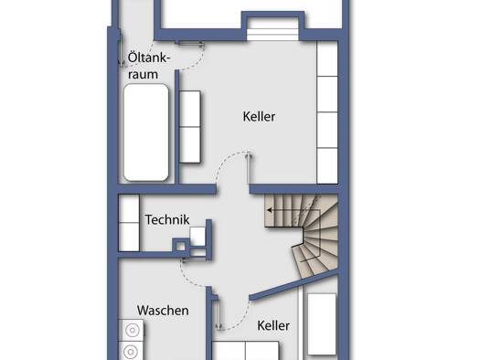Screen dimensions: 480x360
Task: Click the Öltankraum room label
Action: click(x=148, y=66)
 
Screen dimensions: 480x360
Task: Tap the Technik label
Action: click(x=167, y=219)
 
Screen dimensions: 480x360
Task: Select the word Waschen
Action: click(x=163, y=311)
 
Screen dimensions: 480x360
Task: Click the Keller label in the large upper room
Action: click(x=259, y=117)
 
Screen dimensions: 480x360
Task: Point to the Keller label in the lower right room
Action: click(x=273, y=325)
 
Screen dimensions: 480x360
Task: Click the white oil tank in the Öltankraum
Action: click(x=146, y=132)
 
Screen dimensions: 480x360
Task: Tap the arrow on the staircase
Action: click(x=293, y=210)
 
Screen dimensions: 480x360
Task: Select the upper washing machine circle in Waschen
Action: click(x=133, y=331)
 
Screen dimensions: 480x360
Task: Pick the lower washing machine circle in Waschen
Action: click(x=131, y=352)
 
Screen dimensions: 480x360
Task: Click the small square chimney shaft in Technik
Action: click(x=181, y=246)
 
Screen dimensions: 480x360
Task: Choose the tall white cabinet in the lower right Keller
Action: click(x=322, y=324)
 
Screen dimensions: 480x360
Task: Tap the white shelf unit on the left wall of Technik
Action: click(x=129, y=223)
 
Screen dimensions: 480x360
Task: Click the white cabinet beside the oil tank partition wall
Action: click(x=190, y=127)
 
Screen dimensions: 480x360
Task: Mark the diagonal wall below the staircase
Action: click(x=293, y=285)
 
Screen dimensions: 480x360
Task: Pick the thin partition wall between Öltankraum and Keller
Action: click(x=176, y=127)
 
